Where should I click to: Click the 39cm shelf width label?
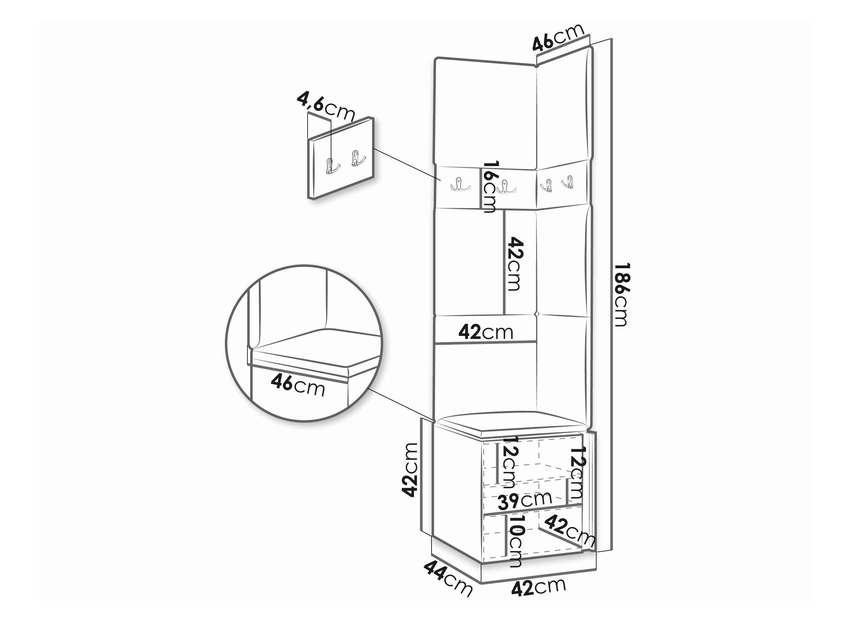click(524, 500)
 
